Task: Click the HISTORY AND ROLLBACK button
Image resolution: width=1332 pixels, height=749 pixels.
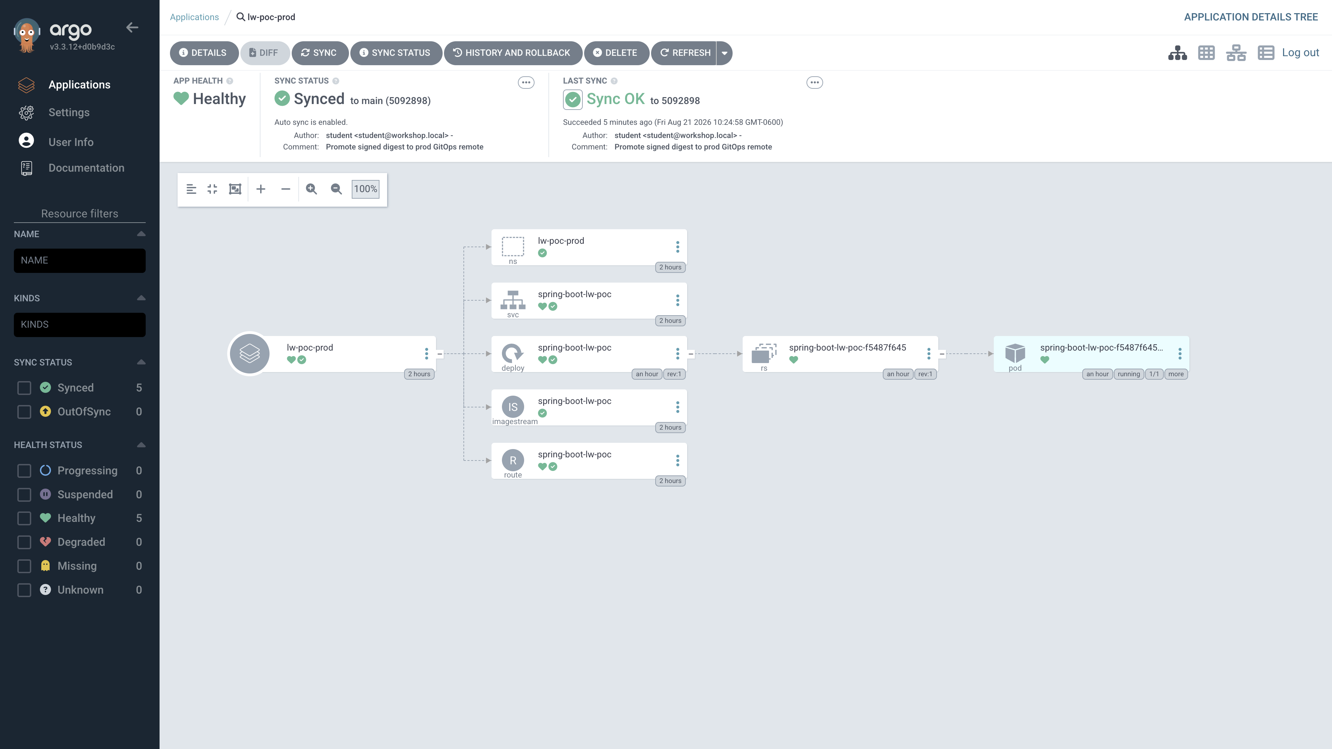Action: [512, 53]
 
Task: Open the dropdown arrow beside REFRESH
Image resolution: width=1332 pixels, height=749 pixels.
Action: [724, 53]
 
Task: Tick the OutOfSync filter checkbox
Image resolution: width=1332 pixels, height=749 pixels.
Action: [24, 412]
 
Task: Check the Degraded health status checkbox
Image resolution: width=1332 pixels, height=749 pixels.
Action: [24, 542]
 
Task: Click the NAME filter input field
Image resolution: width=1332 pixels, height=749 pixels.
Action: [80, 260]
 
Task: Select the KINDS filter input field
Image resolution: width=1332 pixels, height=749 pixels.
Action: [80, 325]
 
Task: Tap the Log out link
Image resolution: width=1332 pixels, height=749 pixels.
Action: [1300, 53]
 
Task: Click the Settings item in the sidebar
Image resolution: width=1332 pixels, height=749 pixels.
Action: [69, 113]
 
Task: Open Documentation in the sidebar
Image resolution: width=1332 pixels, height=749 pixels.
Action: [86, 168]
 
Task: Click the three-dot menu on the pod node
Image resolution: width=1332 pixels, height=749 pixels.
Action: [1180, 354]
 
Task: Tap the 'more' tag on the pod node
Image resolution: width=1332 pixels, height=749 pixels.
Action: [1176, 374]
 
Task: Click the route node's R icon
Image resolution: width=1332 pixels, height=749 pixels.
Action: [513, 460]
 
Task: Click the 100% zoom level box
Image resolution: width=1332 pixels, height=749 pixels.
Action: [366, 189]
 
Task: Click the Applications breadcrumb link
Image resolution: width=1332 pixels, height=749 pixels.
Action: [194, 17]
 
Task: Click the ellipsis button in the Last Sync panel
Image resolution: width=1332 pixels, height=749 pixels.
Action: [814, 83]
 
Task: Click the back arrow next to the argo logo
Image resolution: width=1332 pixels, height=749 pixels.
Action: [133, 27]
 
